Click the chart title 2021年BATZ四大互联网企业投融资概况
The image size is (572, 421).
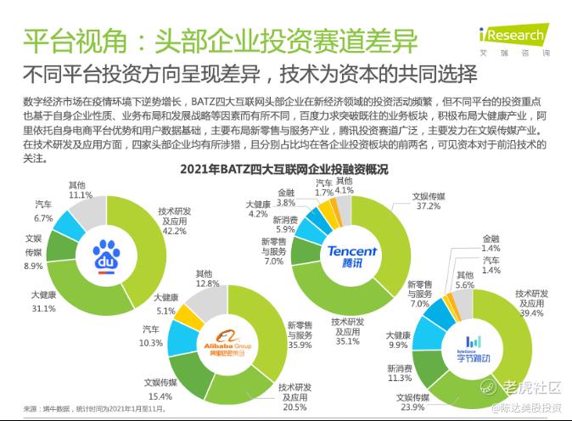tap(284, 169)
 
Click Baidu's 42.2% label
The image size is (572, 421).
tap(174, 229)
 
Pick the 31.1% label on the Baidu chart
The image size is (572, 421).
tap(43, 307)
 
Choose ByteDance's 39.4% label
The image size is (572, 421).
tap(530, 313)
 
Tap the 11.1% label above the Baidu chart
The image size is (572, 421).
tap(80, 194)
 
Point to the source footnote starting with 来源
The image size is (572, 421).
tap(93, 408)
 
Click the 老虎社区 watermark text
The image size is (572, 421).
tap(531, 388)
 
